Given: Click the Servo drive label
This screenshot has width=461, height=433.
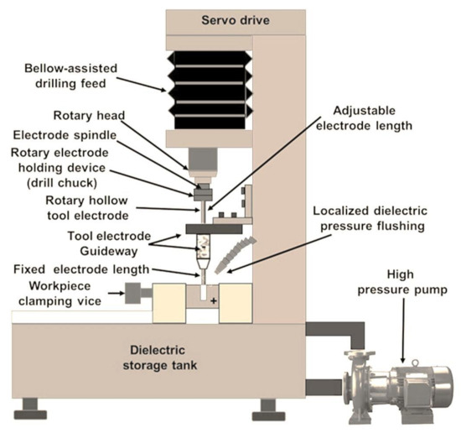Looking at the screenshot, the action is (x=236, y=21).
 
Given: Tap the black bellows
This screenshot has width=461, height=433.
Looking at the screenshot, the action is (x=210, y=90).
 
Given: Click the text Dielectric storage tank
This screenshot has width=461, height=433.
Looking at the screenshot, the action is (x=159, y=358).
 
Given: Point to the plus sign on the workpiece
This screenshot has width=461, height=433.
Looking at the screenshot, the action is (x=214, y=300).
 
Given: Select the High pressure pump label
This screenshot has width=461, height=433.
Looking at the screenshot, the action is (x=402, y=282).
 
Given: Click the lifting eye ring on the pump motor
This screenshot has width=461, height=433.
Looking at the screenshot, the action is (x=415, y=363).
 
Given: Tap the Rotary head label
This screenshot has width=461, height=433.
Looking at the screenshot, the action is (x=89, y=116).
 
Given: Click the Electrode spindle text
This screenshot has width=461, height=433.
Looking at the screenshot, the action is (x=65, y=135).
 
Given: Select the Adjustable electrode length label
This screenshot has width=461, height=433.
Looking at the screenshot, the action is (x=364, y=118).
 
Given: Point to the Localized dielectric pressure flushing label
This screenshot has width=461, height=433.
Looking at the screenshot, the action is (x=370, y=218).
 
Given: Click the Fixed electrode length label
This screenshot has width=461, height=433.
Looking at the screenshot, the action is (x=81, y=269).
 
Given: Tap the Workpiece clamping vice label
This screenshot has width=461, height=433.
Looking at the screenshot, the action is (x=60, y=294).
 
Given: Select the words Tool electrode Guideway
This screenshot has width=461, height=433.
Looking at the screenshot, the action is (x=109, y=243).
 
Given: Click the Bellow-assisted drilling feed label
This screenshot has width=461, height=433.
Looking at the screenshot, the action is (x=70, y=76).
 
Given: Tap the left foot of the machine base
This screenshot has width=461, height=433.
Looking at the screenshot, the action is (x=30, y=409).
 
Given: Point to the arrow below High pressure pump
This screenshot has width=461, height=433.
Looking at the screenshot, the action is (x=403, y=331).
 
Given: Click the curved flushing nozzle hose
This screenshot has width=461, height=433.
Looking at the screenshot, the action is (x=235, y=253).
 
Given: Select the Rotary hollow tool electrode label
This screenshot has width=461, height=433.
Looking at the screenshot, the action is (x=87, y=208).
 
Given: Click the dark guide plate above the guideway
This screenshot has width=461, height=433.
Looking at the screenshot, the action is (x=214, y=229).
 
